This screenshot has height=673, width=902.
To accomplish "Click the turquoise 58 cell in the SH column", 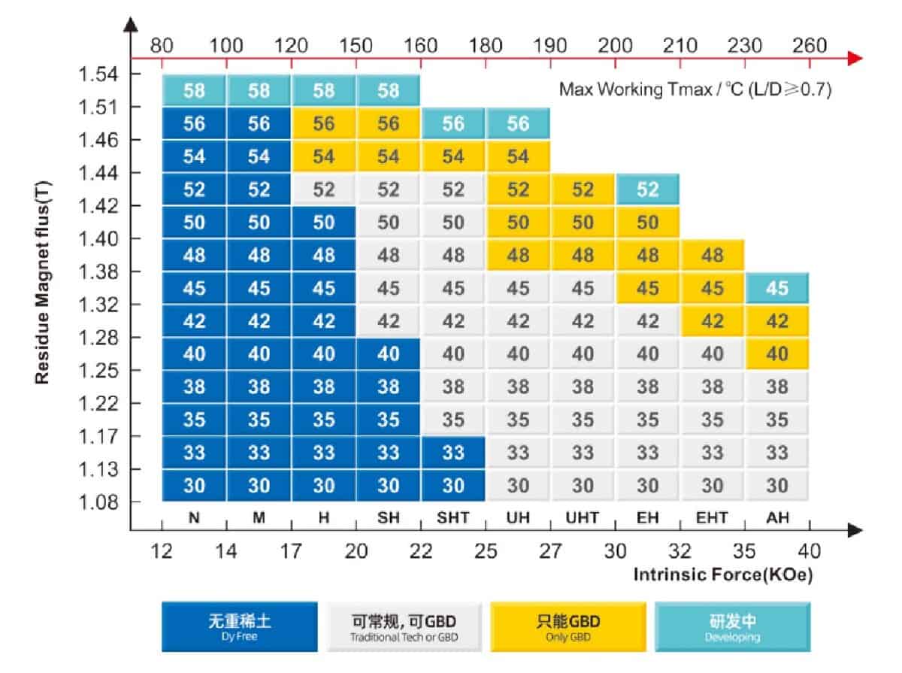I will click(x=389, y=91).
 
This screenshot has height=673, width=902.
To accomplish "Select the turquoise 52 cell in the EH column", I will click(x=648, y=189).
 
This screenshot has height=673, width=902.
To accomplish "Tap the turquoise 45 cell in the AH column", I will click(x=777, y=289).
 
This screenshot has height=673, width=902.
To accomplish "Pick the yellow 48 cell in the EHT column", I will click(x=713, y=256).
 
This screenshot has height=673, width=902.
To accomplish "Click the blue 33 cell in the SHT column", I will click(x=453, y=453).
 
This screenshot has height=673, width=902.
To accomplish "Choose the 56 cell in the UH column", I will click(x=518, y=124).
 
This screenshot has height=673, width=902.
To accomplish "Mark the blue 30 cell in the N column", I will click(x=194, y=486).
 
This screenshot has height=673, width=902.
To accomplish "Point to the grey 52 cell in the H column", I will click(x=324, y=189).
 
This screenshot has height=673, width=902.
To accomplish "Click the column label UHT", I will click(x=583, y=517).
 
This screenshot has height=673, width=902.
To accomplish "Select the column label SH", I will click(x=389, y=517).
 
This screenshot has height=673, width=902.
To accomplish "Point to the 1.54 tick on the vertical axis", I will click(x=98, y=74).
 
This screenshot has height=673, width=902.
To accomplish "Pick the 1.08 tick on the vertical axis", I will click(x=98, y=502).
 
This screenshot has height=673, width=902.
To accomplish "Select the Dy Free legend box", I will click(x=239, y=626).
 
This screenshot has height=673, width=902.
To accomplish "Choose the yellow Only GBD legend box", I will click(x=568, y=626).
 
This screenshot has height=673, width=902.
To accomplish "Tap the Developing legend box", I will click(x=732, y=626).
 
